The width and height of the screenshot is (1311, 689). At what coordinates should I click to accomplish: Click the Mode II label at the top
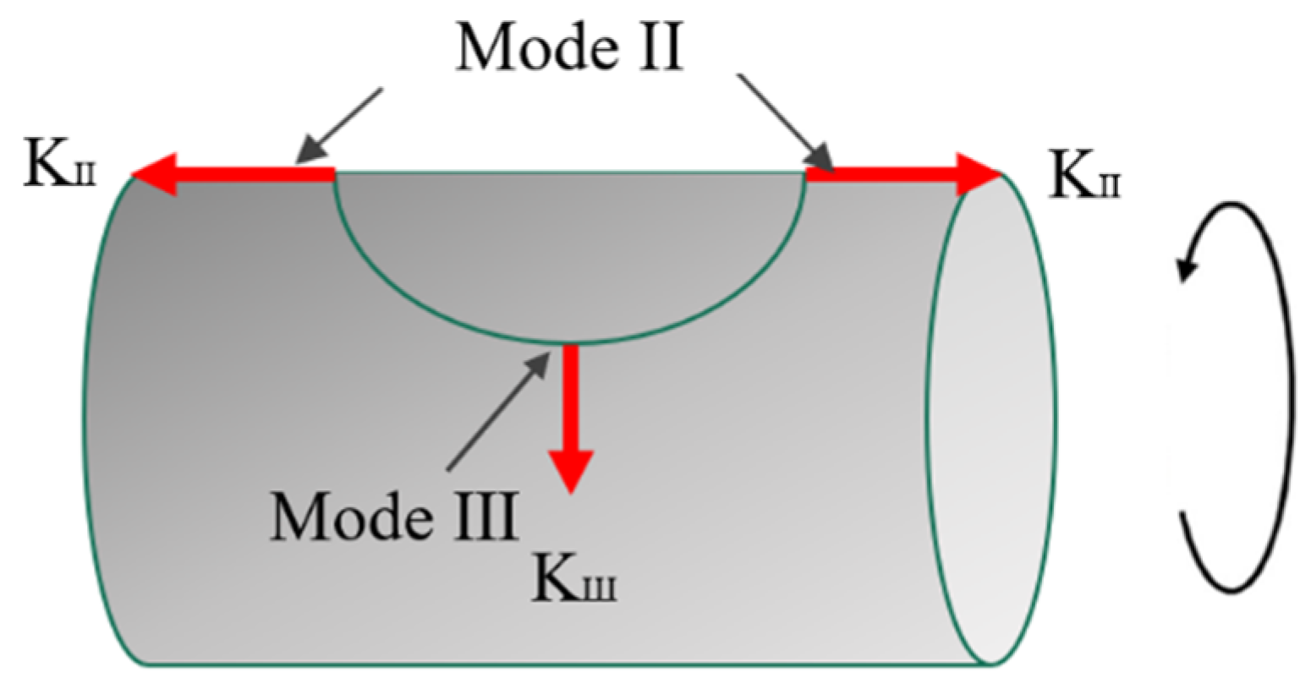568,49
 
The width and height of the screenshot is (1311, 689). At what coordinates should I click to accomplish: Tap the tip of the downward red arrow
571,490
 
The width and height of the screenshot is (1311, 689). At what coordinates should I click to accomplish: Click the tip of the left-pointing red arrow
134,175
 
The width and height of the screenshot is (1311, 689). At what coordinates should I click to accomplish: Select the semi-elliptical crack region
568,245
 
